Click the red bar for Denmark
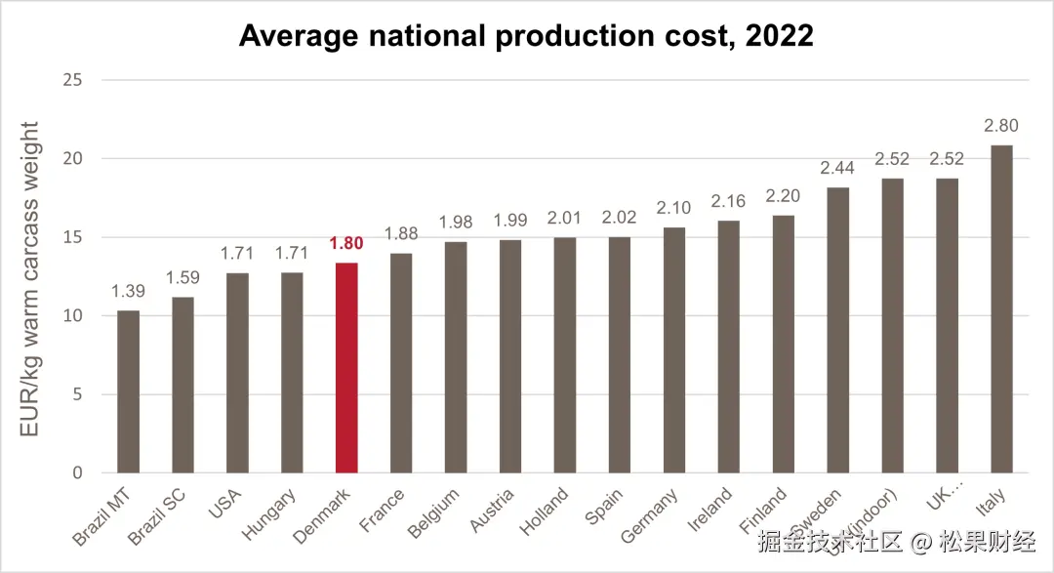pyautogui.click(x=346, y=368)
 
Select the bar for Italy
pyautogui.click(x=1001, y=309)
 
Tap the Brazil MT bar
pyautogui.click(x=129, y=392)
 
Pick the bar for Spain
pyautogui.click(x=620, y=355)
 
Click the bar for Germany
pyautogui.click(x=674, y=350)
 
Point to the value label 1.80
pyautogui.click(x=346, y=243)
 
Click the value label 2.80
pyautogui.click(x=1001, y=125)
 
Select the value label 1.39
pyautogui.click(x=129, y=291)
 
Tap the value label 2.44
pyautogui.click(x=837, y=168)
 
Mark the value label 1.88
pyautogui.click(x=401, y=233)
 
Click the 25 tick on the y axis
pyautogui.click(x=73, y=79)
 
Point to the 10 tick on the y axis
pyautogui.click(x=73, y=315)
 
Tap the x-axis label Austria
pyautogui.click(x=490, y=511)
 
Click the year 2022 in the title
pyautogui.click(x=778, y=36)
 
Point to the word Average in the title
pyautogui.click(x=299, y=36)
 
